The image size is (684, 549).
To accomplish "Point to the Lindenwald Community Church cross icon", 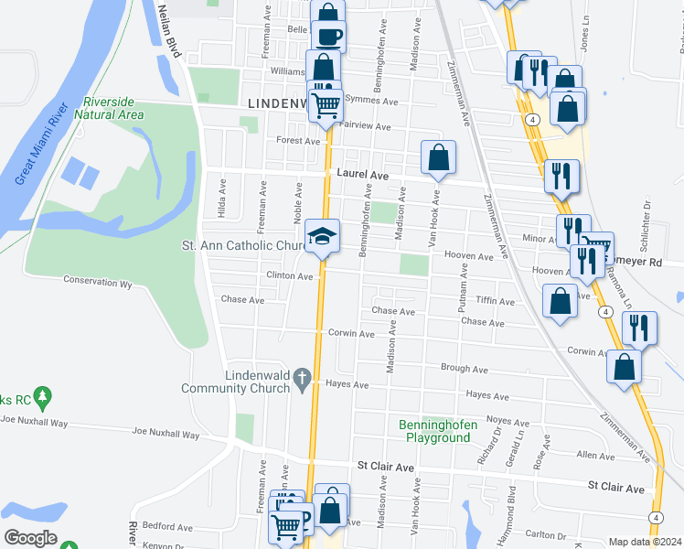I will pyautogui.click(x=303, y=382).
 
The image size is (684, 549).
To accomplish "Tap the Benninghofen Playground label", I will pyautogui.click(x=434, y=431).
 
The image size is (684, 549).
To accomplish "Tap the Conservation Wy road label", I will pyautogui.click(x=98, y=282).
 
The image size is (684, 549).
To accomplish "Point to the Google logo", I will pyautogui.click(x=30, y=538).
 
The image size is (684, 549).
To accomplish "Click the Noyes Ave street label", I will pyautogui.click(x=508, y=423).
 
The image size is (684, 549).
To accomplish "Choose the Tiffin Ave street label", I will pyautogui.click(x=497, y=300).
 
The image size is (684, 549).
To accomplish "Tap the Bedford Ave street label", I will pyautogui.click(x=172, y=527).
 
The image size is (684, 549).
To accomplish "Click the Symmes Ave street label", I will pyautogui.click(x=379, y=102).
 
